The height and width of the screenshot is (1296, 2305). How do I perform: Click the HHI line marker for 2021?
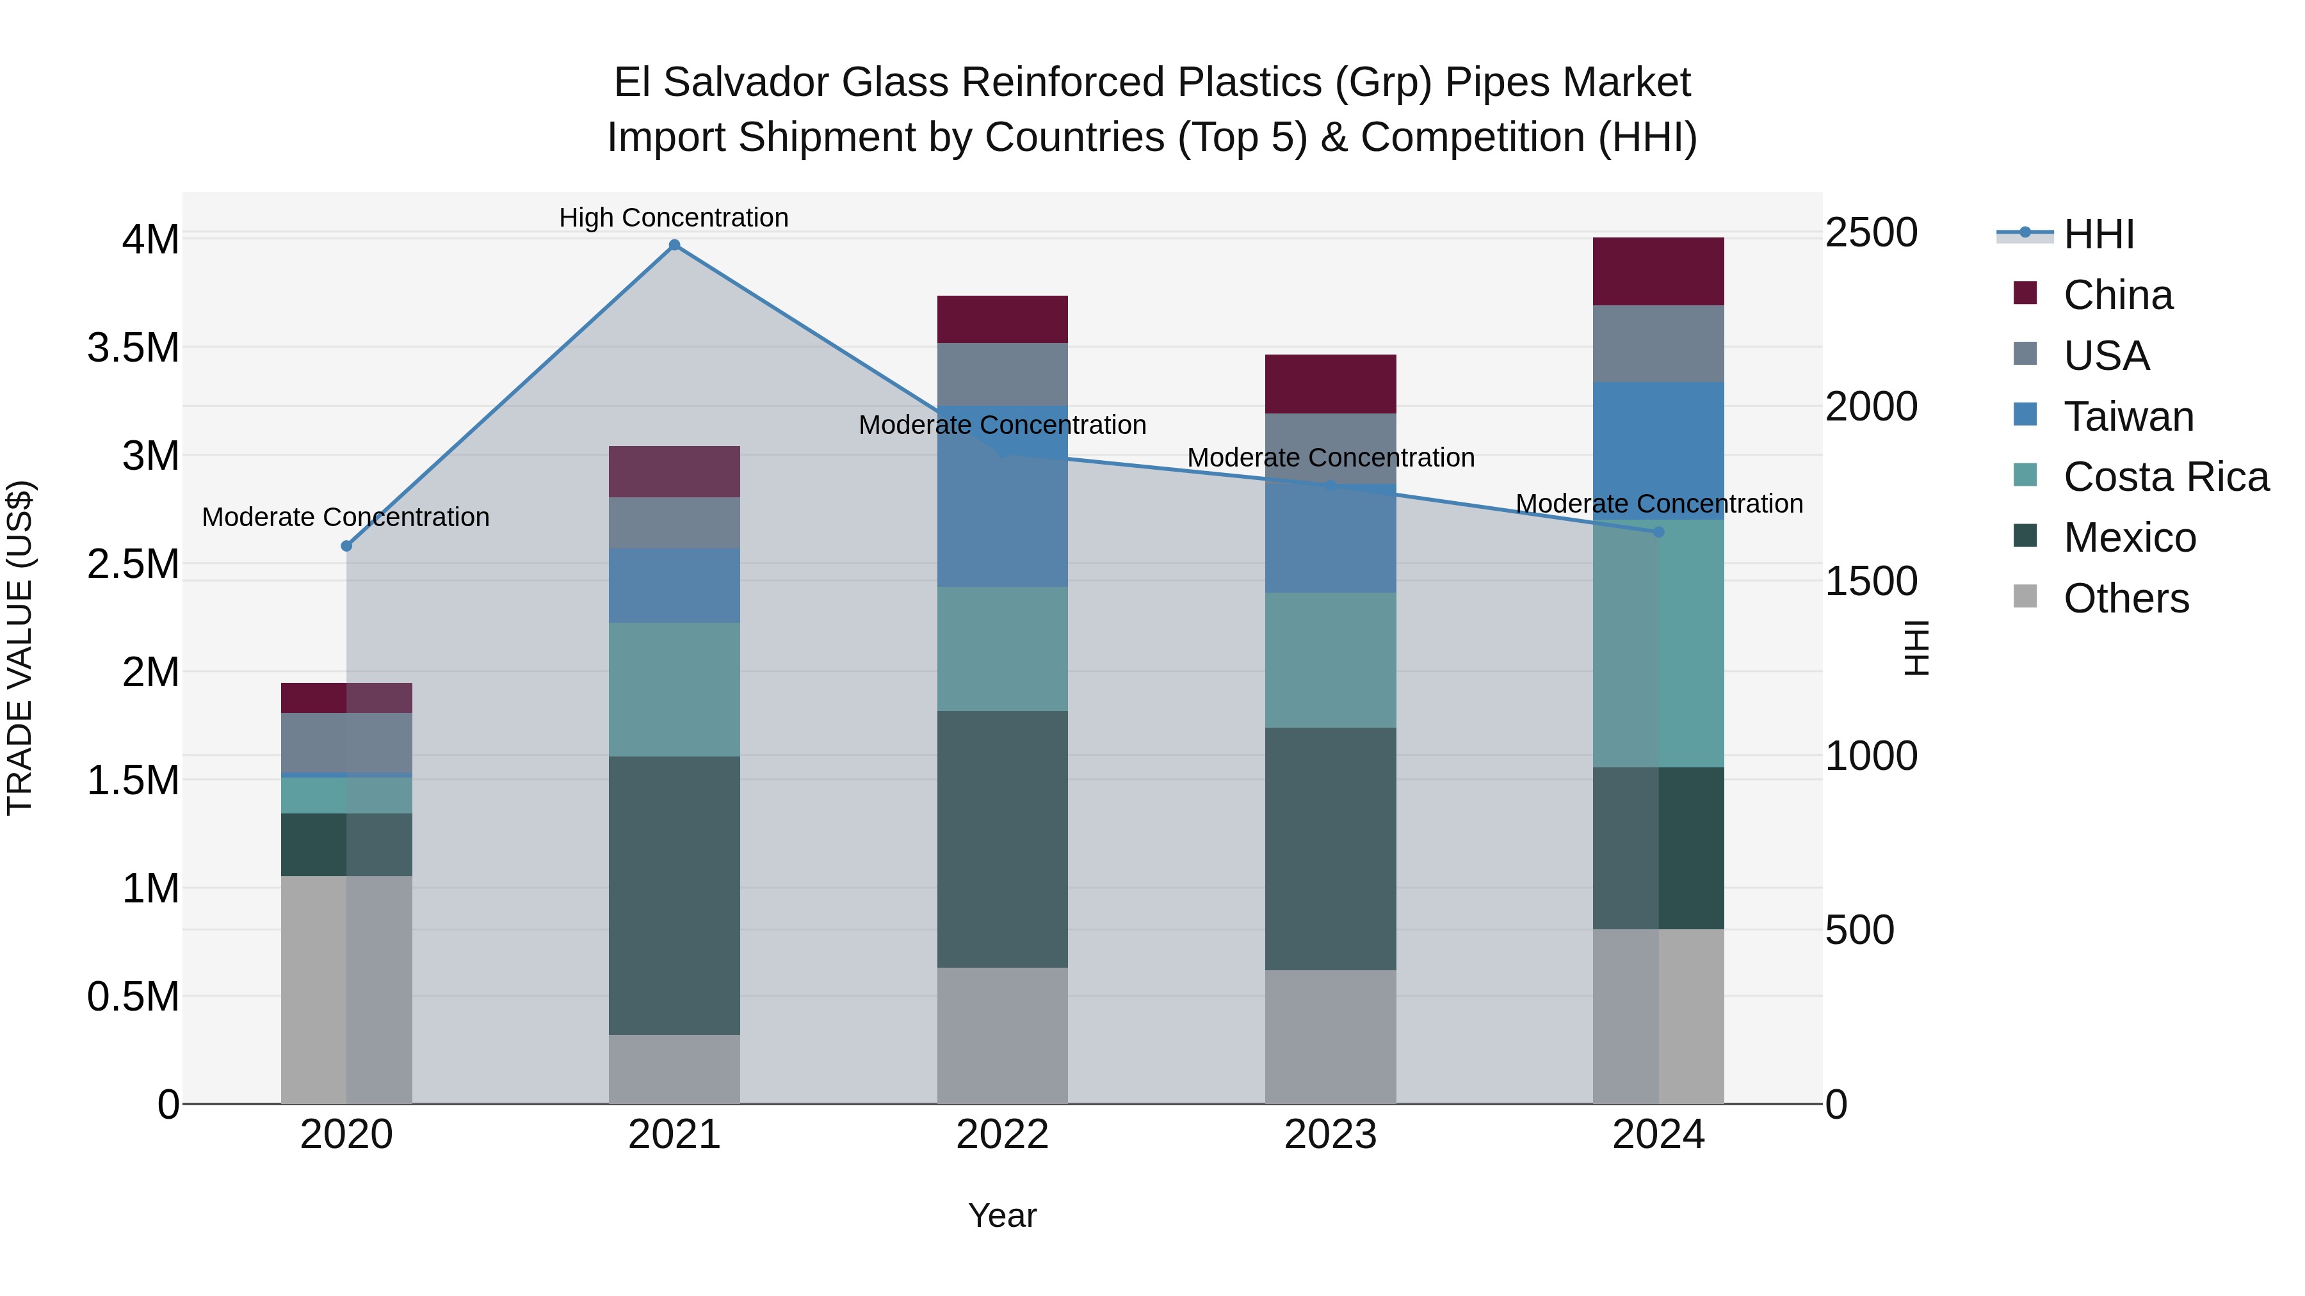pyautogui.click(x=675, y=245)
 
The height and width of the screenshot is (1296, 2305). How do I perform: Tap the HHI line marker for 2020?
pyautogui.click(x=347, y=545)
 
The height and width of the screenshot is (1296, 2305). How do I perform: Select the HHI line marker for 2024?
pyautogui.click(x=1658, y=532)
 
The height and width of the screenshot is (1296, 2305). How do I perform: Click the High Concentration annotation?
pyautogui.click(x=674, y=218)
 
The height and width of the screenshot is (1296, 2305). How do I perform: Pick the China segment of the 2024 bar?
pyautogui.click(x=1658, y=271)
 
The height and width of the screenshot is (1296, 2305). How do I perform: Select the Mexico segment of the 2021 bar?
pyautogui.click(x=675, y=895)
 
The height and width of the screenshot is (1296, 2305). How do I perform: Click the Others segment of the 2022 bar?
pyautogui.click(x=1002, y=1035)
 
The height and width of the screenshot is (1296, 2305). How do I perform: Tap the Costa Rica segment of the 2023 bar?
pyautogui.click(x=1330, y=659)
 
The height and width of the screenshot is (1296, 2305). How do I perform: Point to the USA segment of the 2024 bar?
pyautogui.click(x=1658, y=344)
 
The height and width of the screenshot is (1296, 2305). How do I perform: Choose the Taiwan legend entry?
pyautogui.click(x=2128, y=417)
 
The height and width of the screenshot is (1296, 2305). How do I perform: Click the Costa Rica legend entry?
pyautogui.click(x=2165, y=477)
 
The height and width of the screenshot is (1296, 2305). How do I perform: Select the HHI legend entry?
pyautogui.click(x=2098, y=234)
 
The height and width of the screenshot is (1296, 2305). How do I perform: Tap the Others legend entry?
pyautogui.click(x=2126, y=598)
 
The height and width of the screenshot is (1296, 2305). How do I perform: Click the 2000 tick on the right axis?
pyautogui.click(x=1871, y=407)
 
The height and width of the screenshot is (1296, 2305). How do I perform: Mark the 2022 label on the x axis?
pyautogui.click(x=1002, y=1135)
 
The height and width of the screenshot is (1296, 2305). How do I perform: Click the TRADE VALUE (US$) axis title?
pyautogui.click(x=20, y=648)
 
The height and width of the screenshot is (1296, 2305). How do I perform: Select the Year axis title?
pyautogui.click(x=1002, y=1215)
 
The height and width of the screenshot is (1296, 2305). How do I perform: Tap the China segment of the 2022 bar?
pyautogui.click(x=1002, y=319)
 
